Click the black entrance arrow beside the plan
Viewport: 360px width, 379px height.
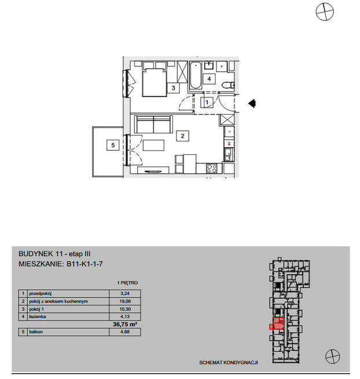coord(252,104)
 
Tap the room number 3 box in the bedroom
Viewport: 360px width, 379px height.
coord(173,88)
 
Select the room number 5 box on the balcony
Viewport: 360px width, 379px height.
coord(113,145)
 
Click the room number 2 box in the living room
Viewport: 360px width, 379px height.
coord(182,136)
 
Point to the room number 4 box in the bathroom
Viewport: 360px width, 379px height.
coord(209,79)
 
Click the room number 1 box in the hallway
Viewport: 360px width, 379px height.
coord(207,102)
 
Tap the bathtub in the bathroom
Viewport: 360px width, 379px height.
coord(196,76)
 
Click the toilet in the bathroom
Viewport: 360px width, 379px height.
coord(228,85)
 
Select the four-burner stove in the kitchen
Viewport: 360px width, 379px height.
coord(211,169)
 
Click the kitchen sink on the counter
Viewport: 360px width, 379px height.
coord(229,155)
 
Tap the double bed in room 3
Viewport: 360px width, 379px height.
coord(155,82)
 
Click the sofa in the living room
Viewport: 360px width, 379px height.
coord(153,124)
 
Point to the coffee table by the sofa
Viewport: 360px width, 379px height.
coord(153,145)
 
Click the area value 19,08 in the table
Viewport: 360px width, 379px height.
coord(125,301)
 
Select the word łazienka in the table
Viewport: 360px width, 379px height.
coord(38,316)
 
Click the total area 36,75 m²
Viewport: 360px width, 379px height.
coord(125,324)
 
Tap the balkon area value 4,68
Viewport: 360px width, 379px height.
coord(125,331)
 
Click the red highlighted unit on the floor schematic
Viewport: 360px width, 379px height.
coord(278,323)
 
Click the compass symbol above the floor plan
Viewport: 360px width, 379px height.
coord(325,12)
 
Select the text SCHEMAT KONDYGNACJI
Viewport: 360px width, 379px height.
coord(229,363)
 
